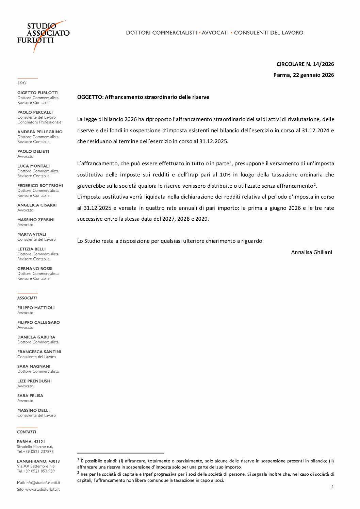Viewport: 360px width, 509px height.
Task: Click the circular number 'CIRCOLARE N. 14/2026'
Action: pyautogui.click(x=305, y=64)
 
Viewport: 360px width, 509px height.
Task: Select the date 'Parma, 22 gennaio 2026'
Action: pyautogui.click(x=304, y=75)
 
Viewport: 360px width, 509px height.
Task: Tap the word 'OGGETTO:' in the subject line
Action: pyautogui.click(x=90, y=97)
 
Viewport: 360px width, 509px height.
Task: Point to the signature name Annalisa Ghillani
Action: pyautogui.click(x=311, y=252)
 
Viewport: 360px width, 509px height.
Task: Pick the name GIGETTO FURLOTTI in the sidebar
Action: pyautogui.click(x=38, y=93)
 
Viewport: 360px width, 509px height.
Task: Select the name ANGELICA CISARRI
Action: pyautogui.click(x=37, y=205)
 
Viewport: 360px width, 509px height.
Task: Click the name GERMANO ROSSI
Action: pyautogui.click(x=35, y=269)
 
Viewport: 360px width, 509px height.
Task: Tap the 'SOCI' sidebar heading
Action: pyautogui.click(x=22, y=83)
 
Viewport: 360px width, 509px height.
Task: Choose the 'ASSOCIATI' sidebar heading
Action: pyautogui.click(x=27, y=298)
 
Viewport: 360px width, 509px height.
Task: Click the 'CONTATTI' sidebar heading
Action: pyautogui.click(x=27, y=432)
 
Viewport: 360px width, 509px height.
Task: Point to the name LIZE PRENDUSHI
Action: pyautogui.click(x=34, y=381)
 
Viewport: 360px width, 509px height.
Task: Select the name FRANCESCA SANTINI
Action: pyautogui.click(x=39, y=352)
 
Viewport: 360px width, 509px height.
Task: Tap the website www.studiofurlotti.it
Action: pyautogui.click(x=42, y=489)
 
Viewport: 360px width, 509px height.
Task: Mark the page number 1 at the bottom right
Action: pyautogui.click(x=332, y=487)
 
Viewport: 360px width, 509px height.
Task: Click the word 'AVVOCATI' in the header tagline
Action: pyautogui.click(x=215, y=33)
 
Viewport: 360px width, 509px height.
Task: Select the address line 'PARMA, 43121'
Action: pyautogui.click(x=31, y=442)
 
